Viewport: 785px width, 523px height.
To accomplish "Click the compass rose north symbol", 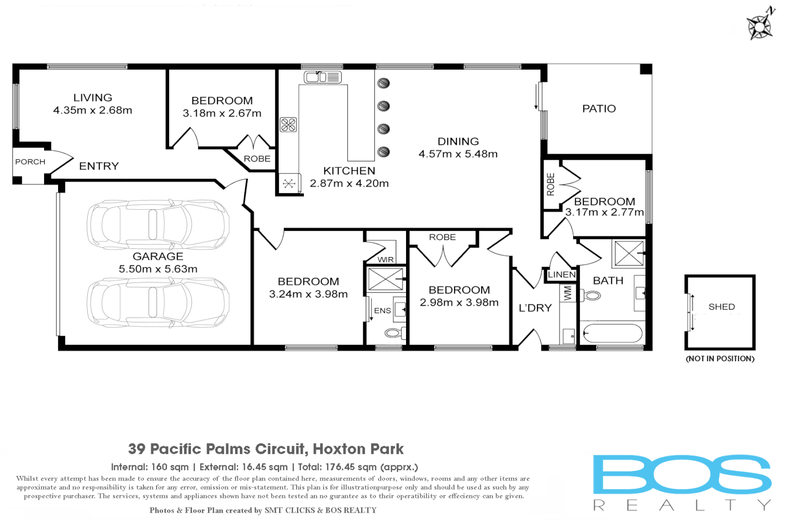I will tap(760, 24).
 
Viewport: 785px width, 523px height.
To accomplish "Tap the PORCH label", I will tap(30, 162).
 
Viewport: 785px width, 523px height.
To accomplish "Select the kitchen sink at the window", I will tap(323, 77).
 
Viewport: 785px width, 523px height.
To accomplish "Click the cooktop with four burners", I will tap(288, 125).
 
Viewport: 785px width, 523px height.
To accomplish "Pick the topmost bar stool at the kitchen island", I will tap(384, 83).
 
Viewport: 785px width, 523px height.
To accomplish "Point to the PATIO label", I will tap(599, 108).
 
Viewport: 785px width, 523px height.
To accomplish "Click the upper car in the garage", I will tap(158, 225).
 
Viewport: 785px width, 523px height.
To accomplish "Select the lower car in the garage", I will tap(158, 302).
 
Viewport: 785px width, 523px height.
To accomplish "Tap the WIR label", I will tap(386, 260).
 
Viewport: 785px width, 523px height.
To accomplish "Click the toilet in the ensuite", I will tap(394, 333).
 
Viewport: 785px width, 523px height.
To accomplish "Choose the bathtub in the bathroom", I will tap(612, 333).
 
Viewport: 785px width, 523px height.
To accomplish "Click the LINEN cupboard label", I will tap(562, 275).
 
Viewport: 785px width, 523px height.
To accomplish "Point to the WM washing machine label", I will tap(568, 293).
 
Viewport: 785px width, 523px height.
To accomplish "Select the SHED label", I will tap(722, 307).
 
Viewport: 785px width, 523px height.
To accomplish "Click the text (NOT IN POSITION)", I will tap(720, 358).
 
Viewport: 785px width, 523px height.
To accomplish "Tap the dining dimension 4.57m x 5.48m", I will tap(458, 154).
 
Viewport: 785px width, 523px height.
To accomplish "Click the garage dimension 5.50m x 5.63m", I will tap(158, 269).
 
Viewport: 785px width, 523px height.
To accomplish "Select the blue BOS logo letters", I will tap(682, 474).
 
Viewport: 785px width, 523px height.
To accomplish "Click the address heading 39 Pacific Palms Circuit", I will tap(266, 449).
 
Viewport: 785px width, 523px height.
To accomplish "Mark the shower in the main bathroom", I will tap(628, 253).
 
